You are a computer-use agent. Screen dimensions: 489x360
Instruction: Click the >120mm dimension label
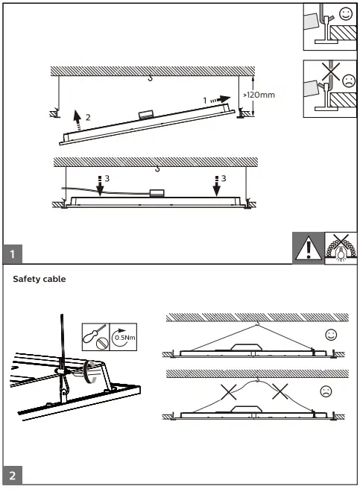[x=260, y=95]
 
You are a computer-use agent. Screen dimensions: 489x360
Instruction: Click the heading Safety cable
[x=40, y=280]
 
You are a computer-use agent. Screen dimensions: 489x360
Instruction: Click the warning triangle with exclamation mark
[x=308, y=247]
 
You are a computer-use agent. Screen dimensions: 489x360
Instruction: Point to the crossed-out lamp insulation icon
[x=342, y=247]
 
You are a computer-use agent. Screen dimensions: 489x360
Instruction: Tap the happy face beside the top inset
[x=344, y=14]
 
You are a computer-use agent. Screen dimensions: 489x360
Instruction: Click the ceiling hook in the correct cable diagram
[x=256, y=324]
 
